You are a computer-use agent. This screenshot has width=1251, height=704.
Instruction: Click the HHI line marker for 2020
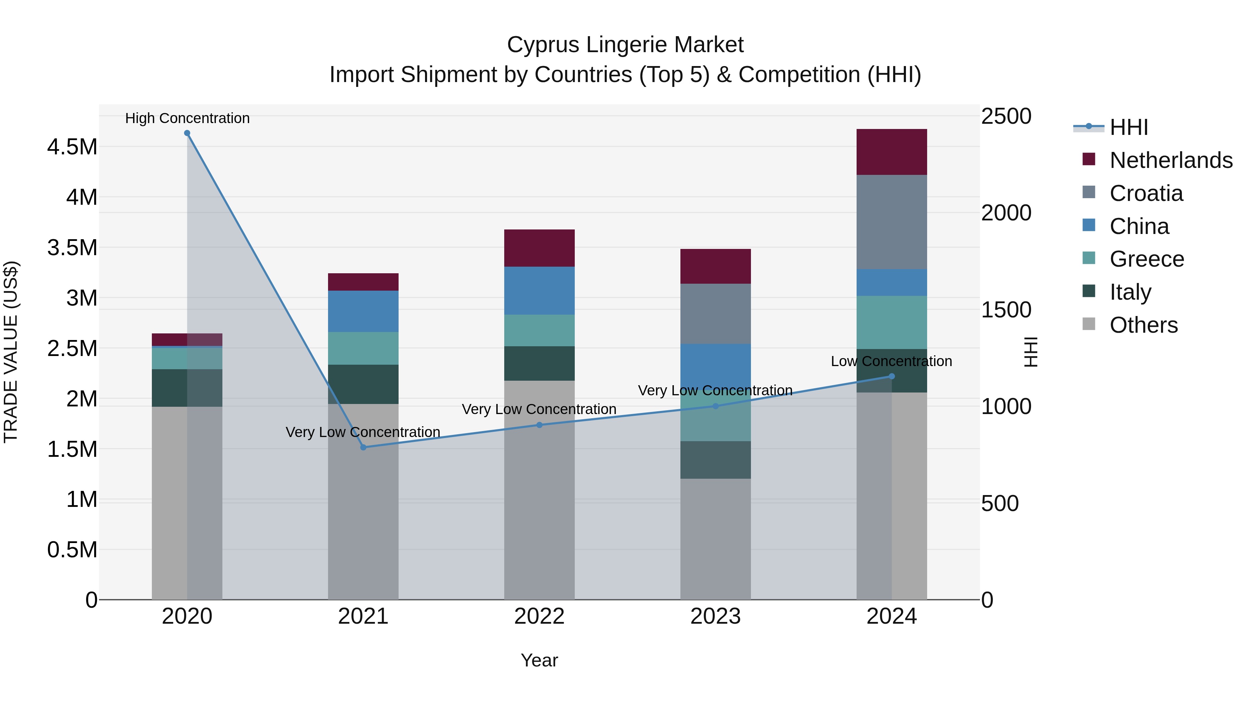(187, 133)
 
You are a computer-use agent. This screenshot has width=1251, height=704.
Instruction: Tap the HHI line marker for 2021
(363, 447)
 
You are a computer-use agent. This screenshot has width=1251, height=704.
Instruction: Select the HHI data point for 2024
(892, 376)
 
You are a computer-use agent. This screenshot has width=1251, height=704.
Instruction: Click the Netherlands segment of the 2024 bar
(892, 152)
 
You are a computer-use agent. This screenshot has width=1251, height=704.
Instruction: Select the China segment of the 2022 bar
(539, 291)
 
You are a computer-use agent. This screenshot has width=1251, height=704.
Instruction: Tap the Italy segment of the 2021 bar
(363, 384)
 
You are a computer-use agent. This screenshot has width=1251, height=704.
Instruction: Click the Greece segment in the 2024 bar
(892, 322)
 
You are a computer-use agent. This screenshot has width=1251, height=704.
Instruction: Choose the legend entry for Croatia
(1146, 193)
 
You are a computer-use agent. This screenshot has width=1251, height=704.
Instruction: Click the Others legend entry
(1143, 325)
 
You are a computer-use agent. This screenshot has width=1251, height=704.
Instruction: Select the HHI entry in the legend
(1129, 127)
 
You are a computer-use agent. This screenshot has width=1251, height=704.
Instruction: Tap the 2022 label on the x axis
(539, 616)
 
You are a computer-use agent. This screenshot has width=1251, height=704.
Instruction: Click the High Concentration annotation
(187, 118)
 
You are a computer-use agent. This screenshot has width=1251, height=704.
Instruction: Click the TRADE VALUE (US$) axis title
(11, 352)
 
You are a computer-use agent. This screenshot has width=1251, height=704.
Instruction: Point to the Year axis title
(539, 660)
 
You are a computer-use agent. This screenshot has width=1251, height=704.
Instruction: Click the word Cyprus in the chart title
(543, 45)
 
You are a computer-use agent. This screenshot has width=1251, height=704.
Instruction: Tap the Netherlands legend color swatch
(1089, 159)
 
